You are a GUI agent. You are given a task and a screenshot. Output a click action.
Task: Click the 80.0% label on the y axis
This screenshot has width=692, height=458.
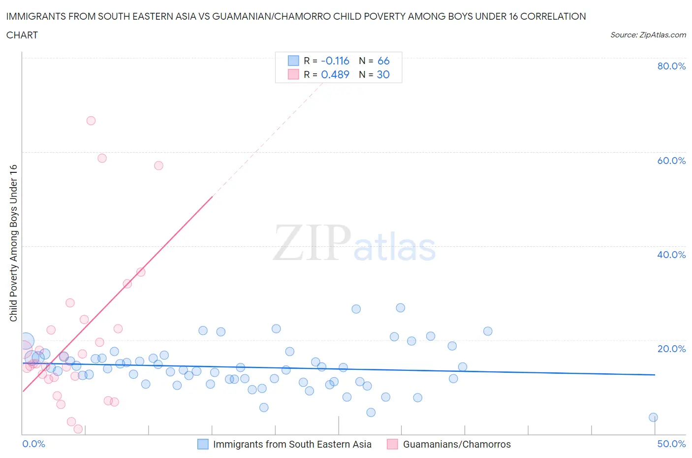point(671,66)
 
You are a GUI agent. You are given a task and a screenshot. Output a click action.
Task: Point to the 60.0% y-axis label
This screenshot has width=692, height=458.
point(671,161)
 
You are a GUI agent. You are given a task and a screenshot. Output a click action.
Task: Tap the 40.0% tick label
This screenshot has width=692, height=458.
point(671,255)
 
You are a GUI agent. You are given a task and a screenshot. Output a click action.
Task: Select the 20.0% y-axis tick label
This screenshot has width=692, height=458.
point(671,349)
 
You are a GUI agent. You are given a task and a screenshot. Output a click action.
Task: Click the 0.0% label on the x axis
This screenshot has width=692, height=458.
point(33,444)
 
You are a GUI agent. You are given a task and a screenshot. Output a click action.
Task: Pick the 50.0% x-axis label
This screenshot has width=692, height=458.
point(671,444)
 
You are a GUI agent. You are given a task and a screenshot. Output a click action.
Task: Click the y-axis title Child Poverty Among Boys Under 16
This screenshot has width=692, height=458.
point(14,243)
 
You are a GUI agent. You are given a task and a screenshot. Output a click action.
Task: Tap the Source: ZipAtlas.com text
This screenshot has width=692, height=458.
point(648,35)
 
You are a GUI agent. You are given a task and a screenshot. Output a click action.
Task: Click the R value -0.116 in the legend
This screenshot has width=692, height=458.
point(335,61)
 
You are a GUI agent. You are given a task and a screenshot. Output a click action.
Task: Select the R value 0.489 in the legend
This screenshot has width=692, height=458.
point(335,74)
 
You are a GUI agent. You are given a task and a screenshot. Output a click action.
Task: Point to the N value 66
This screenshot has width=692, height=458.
point(383,61)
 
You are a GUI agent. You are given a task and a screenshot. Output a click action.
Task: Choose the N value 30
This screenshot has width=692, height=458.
point(383,74)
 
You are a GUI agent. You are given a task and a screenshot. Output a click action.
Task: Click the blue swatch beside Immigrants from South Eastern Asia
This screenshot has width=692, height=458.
point(203,444)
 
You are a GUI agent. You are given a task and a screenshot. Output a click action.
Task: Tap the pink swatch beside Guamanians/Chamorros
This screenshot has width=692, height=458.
point(392,444)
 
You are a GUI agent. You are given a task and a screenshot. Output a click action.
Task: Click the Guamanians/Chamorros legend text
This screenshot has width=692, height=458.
point(456,444)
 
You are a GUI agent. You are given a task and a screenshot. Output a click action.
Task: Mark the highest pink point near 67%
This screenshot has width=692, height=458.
point(91,121)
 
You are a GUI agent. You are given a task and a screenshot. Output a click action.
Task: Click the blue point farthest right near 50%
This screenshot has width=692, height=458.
point(653,417)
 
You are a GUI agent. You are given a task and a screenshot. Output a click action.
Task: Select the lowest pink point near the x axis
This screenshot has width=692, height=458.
point(78,429)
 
